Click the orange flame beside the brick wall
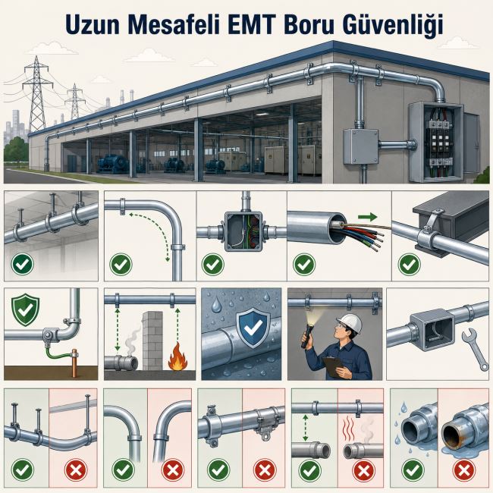point(177,356)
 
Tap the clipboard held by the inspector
point(334,366)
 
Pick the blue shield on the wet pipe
point(253,328)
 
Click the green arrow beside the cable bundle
point(367,217)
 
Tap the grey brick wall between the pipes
point(152,341)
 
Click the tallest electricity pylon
point(37,93)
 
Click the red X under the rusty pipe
point(463,470)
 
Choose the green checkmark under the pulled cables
point(304,264)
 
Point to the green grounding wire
point(58,351)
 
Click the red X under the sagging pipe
point(76,470)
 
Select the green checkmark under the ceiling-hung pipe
point(22,264)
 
